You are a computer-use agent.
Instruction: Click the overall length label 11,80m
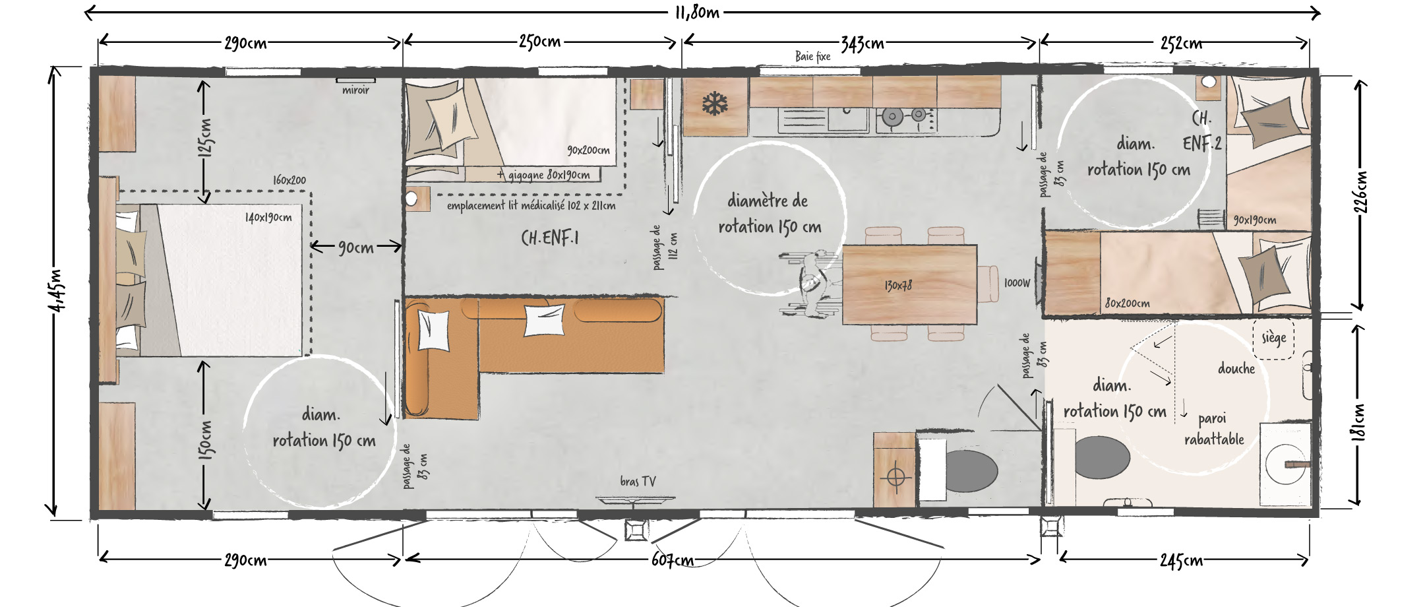(697, 13)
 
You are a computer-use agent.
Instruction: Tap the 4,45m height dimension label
(57, 290)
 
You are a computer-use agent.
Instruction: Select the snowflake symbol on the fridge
(715, 104)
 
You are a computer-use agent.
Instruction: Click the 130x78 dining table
(909, 284)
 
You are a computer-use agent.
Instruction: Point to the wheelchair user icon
(811, 283)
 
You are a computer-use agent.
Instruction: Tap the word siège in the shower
(1273, 338)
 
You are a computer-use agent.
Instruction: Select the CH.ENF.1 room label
(550, 238)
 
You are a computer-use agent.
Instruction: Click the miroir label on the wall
(355, 90)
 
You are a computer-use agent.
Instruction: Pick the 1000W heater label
(1017, 283)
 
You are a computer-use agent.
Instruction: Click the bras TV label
(638, 482)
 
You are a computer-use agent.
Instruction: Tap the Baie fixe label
(812, 57)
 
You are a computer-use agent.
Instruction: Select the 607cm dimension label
(673, 560)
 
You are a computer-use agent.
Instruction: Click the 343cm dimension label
(863, 44)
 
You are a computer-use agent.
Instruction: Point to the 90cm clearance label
(356, 247)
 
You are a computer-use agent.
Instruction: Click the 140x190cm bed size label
(268, 217)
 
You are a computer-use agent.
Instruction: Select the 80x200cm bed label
(1128, 303)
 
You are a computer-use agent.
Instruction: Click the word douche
(1236, 369)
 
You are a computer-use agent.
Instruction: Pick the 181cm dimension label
(1358, 422)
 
